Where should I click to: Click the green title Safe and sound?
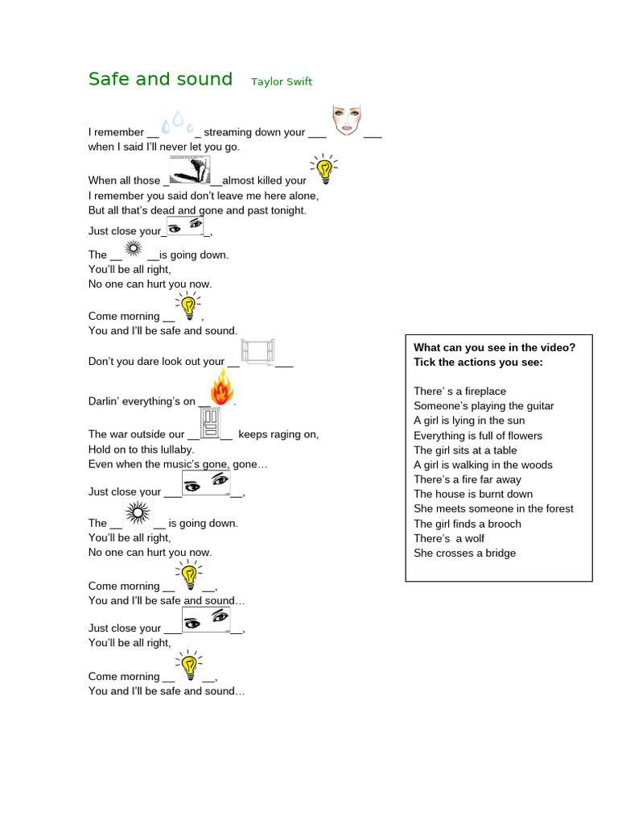[160, 79]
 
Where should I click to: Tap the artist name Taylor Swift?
[282, 81]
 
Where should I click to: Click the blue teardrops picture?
[178, 123]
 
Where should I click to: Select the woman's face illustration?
[347, 120]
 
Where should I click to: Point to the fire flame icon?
[222, 387]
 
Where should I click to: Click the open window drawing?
[257, 351]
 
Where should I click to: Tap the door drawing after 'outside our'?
[210, 422]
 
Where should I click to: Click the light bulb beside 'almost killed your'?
[324, 169]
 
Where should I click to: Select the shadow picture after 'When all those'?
[190, 169]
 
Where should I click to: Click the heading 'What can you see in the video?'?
[495, 348]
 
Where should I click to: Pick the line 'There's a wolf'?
[449, 539]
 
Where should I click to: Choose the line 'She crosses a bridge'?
[464, 553]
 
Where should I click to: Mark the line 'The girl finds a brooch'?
[468, 524]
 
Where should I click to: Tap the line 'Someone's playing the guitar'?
[484, 406]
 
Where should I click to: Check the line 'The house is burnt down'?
[473, 494]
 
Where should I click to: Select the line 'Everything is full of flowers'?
[478, 436]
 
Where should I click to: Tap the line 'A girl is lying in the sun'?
[469, 421]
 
